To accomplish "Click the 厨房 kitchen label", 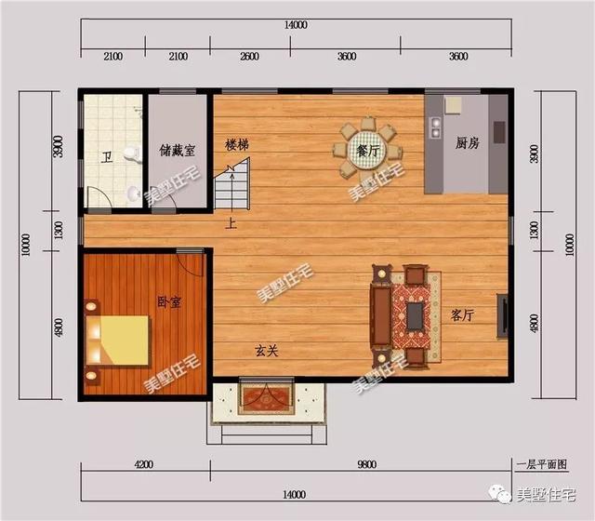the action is click(x=468, y=143).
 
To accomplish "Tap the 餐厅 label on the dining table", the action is click(x=368, y=151).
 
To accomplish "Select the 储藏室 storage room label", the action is click(x=178, y=151).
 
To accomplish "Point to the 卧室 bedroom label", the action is click(x=169, y=301).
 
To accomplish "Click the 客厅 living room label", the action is click(x=463, y=314).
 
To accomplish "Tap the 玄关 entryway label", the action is click(x=267, y=351).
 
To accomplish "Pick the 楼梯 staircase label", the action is click(x=237, y=144).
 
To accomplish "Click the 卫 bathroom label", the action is click(x=108, y=157).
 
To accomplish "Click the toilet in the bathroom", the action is click(x=132, y=154).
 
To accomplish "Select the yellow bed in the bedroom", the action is click(x=117, y=341).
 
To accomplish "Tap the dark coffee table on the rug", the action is click(x=416, y=315).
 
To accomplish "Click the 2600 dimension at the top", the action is click(x=250, y=57).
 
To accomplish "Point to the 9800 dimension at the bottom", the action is click(x=367, y=464).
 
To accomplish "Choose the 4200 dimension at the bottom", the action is click(x=144, y=464).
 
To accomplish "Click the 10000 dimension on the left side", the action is click(x=26, y=245).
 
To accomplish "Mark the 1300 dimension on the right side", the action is click(x=535, y=231).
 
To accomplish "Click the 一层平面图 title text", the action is click(x=541, y=464).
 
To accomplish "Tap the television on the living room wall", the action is click(x=503, y=315).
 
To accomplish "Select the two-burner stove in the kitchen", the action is click(x=436, y=127).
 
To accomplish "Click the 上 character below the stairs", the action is click(x=231, y=223).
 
